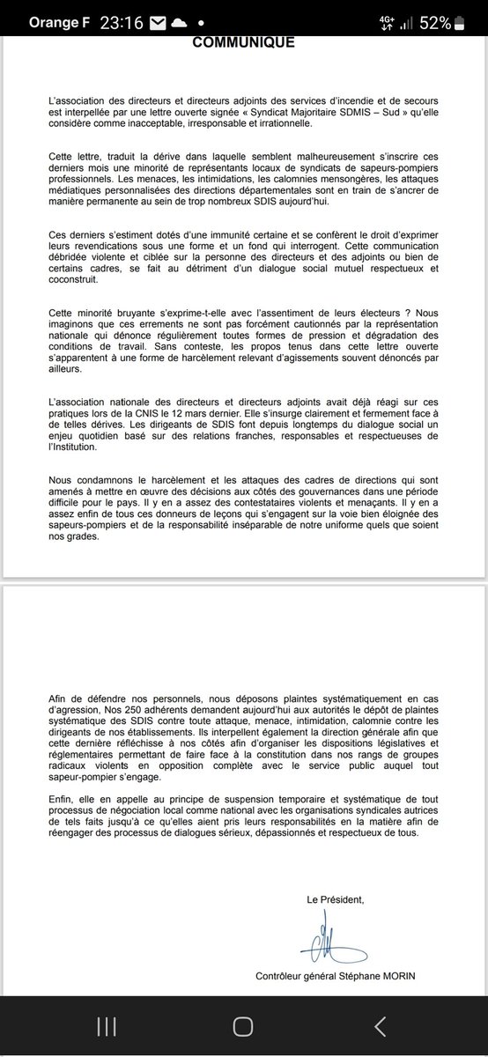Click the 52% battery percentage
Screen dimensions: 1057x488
pos(434,22)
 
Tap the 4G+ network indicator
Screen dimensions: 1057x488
pos(388,22)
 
